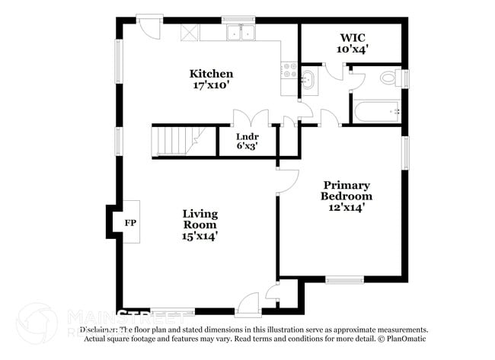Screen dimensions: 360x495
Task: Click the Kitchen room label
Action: point(211,74)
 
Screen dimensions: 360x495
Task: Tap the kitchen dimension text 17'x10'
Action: point(211,85)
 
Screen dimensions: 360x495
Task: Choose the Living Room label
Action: point(200,219)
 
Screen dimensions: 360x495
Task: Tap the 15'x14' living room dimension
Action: point(200,236)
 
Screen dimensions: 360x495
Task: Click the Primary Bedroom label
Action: point(346,190)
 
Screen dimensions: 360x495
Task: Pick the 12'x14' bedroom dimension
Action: point(346,207)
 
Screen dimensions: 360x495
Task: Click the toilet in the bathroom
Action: point(391,77)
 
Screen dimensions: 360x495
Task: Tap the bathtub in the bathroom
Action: point(377,112)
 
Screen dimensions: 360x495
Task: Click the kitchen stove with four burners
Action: point(289,71)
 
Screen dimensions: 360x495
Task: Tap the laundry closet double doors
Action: point(251,119)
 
